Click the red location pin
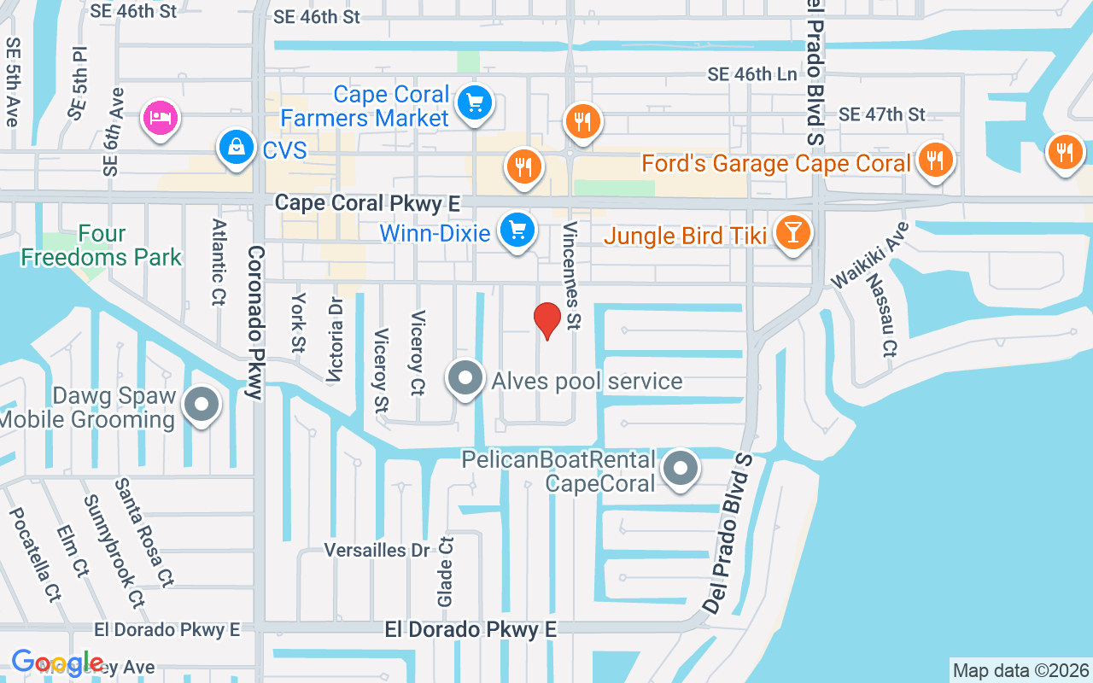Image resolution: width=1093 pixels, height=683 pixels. point(546,321)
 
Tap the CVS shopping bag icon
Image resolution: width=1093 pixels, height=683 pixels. point(234,147)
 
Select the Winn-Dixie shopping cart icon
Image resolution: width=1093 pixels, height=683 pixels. point(517,230)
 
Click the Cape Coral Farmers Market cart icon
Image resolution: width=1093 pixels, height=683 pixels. point(475,104)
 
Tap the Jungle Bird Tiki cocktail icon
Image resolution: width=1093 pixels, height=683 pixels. point(792,231)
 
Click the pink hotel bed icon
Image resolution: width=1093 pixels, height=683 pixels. point(161,117)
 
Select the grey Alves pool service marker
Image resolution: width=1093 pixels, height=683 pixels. point(466,378)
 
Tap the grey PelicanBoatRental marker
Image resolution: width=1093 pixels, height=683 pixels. point(681,468)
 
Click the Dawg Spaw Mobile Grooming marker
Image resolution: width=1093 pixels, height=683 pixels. point(202,406)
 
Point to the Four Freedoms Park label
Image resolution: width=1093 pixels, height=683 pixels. point(102,245)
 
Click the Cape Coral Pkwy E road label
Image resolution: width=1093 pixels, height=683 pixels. point(367,203)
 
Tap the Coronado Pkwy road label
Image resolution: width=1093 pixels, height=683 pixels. point(254,323)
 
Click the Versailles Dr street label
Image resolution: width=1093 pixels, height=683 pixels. point(377,550)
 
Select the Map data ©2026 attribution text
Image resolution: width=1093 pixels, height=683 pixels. point(1020,670)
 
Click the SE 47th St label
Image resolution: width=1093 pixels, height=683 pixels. point(881,114)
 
